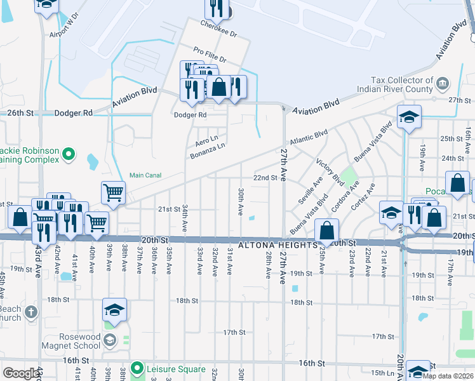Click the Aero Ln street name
pos(206,139)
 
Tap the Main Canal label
pos(145,175)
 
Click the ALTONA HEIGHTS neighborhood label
pos(277,244)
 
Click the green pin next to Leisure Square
pos(137,368)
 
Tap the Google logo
pos(21,373)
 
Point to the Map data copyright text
pos(448,375)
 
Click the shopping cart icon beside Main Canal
pos(113,191)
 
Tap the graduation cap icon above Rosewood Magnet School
pos(114,309)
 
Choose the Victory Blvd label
pos(328,172)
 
